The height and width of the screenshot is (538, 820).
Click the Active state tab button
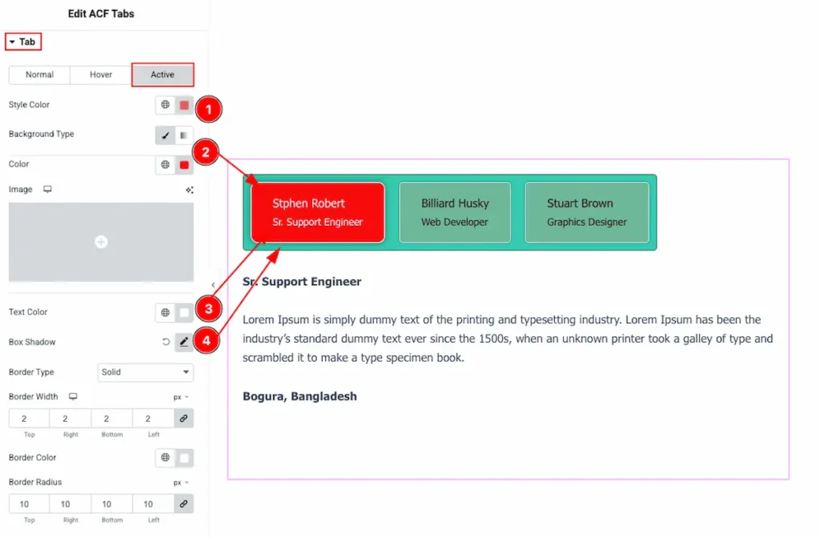[163, 74]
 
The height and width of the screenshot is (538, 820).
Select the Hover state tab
[101, 74]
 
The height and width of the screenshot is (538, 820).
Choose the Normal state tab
[40, 74]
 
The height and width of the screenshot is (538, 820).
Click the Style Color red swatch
[184, 105]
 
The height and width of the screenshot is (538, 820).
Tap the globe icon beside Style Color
[165, 105]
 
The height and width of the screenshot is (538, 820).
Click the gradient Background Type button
[184, 135]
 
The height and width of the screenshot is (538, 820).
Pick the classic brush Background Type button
[165, 135]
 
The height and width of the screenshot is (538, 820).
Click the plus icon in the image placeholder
[101, 242]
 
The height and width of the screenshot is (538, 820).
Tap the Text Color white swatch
[184, 313]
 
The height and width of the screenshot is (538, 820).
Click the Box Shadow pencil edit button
[184, 342]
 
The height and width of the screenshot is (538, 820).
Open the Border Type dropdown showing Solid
[146, 372]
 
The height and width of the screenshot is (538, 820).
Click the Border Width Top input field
[29, 418]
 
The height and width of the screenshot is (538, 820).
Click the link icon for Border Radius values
[183, 504]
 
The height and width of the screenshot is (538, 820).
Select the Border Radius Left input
[153, 504]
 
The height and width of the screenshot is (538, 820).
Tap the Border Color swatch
[184, 458]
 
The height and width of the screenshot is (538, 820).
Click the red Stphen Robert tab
[318, 212]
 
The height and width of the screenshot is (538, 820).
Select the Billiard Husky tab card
[455, 212]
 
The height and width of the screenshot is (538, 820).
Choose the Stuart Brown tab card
[587, 212]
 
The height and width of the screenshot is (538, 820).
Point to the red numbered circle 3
[209, 309]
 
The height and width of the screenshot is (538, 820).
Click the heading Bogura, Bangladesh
[299, 396]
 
